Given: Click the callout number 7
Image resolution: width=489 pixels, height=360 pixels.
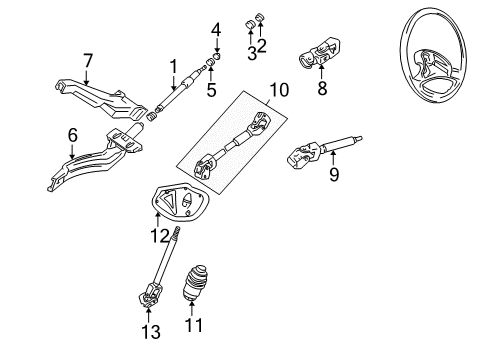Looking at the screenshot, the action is (x=88, y=61).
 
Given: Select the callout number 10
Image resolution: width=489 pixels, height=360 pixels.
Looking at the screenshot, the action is (x=279, y=90).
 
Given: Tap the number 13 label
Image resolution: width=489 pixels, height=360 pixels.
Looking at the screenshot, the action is (x=151, y=332).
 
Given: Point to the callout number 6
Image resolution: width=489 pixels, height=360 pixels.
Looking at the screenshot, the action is (x=73, y=135).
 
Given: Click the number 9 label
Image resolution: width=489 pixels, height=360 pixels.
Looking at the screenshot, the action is (x=334, y=174).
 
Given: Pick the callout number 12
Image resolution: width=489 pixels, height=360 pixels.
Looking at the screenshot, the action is (x=160, y=236).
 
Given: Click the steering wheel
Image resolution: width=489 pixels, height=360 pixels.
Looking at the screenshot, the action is (x=432, y=55).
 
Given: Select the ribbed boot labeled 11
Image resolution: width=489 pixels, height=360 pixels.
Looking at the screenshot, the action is (x=195, y=282).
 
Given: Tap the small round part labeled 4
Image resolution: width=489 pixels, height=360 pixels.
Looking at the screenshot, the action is (x=217, y=55).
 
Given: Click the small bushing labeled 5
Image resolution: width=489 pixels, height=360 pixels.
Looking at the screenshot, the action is (x=210, y=62).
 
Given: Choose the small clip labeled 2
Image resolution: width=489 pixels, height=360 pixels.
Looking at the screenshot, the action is (x=260, y=17).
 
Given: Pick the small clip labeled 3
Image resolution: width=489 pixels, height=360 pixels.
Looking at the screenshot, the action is (x=250, y=25).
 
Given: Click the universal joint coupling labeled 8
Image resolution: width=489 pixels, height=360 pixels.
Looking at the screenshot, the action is (x=319, y=52).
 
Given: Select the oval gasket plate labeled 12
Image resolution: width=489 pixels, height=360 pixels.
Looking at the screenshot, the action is (x=180, y=202).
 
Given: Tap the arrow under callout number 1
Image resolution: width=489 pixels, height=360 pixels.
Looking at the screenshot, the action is (x=173, y=82).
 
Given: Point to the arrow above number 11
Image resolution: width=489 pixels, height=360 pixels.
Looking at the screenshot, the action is (x=192, y=307).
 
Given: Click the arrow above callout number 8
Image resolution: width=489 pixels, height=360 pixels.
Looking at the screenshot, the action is (x=321, y=72).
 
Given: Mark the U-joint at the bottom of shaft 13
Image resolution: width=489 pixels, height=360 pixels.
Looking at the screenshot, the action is (x=148, y=296).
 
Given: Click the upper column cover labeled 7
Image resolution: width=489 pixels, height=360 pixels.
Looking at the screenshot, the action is (x=101, y=99).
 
